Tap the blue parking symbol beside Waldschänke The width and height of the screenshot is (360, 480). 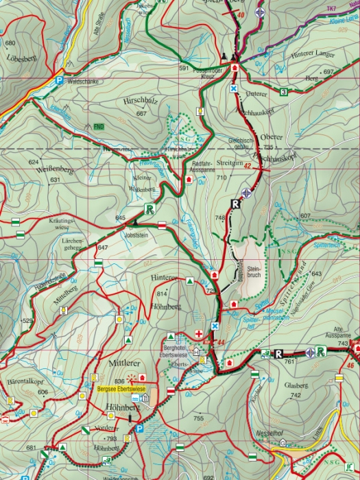59,80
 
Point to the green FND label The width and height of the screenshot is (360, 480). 99,127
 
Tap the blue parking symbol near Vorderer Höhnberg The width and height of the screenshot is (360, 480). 139,429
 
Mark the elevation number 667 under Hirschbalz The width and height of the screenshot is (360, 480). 141,113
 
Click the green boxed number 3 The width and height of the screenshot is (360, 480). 283,92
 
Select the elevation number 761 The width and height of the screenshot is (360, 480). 289,361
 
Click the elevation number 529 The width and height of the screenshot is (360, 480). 27,321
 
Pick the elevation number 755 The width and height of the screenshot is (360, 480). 199,418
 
